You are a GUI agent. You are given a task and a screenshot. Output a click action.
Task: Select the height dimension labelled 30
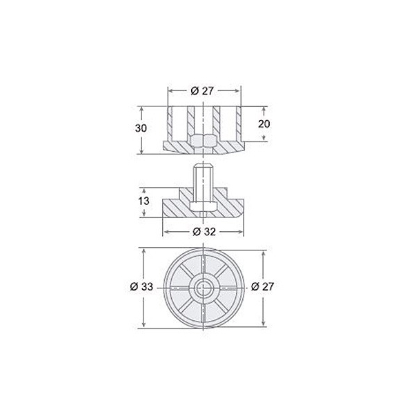pyautogui.click(x=141, y=129)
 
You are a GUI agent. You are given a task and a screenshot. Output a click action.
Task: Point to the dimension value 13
pyautogui.click(x=143, y=201)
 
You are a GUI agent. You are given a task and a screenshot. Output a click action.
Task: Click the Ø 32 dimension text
pyautogui.click(x=204, y=230)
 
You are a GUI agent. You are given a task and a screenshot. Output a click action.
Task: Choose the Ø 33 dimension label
pyautogui.click(x=144, y=288)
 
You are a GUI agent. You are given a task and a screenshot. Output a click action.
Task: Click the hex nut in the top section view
pyautogui.click(x=204, y=142)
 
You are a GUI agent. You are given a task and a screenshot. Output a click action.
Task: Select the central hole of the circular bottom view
pyautogui.click(x=204, y=288)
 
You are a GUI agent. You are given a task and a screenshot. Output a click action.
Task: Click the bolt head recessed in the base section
pyautogui.click(x=204, y=206)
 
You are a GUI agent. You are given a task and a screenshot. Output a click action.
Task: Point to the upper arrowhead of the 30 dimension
pyautogui.click(x=141, y=109)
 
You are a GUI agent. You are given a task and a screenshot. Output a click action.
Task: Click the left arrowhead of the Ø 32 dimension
pyautogui.click(x=166, y=230)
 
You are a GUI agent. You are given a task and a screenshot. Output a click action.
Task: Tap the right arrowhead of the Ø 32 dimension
pyautogui.click(x=242, y=230)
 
